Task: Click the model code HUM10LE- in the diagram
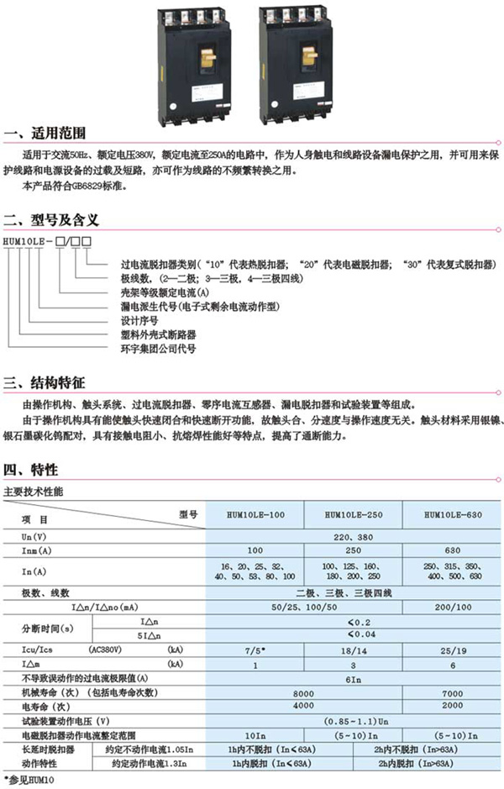point(29,242)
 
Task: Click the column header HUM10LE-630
point(453,515)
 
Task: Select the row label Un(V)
point(34,535)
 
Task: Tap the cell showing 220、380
point(354,535)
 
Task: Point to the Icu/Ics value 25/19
point(453,650)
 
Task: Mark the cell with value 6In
point(354,677)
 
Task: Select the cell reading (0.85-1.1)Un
point(354,720)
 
